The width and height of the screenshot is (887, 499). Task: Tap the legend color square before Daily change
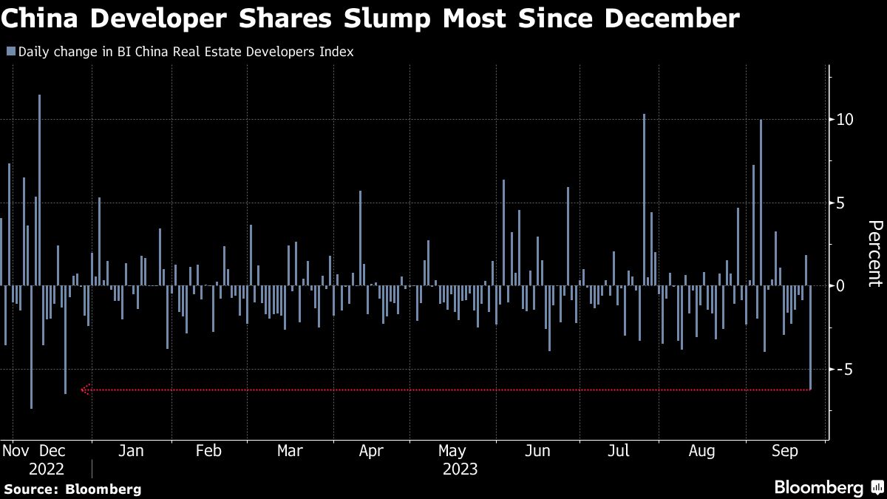pos(10,52)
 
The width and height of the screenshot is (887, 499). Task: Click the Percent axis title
pos(874,253)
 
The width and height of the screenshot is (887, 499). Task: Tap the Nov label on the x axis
pos(16,451)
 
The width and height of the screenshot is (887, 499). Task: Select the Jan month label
pos(131,451)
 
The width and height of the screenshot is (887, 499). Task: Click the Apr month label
pos(371,451)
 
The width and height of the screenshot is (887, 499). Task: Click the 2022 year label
pos(46,469)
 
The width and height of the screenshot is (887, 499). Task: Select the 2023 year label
pos(460,469)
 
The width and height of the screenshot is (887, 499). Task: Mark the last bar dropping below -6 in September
pos(810,337)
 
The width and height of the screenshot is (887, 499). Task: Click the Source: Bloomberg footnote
pos(72,489)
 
